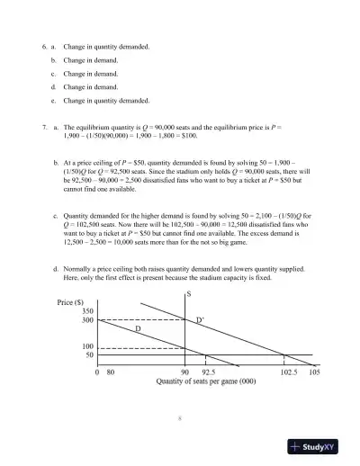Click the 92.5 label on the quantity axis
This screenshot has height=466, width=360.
(x=208, y=371)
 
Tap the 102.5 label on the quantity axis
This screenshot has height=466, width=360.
(x=289, y=371)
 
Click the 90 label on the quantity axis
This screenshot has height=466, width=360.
(x=184, y=371)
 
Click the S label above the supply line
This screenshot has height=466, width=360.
(x=188, y=294)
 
